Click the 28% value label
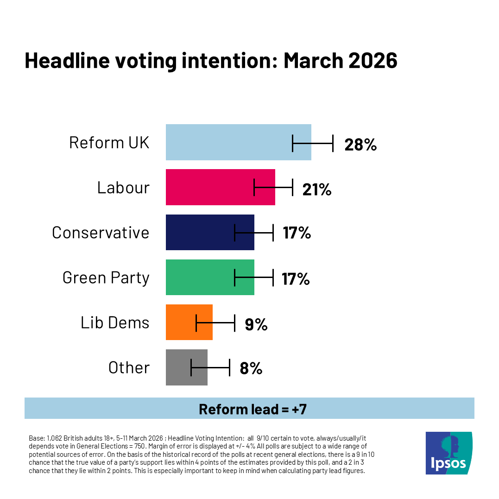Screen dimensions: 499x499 point(360,145)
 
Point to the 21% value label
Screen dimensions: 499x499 point(317,189)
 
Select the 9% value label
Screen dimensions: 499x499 point(256,324)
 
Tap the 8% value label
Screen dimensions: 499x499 point(251,369)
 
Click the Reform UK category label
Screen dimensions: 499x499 point(109,143)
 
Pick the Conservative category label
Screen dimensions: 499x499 point(101,233)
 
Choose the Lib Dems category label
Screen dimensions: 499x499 point(115,322)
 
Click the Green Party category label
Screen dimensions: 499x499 point(106,278)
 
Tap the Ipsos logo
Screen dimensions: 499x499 point(448,453)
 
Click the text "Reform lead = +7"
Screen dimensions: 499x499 point(253,409)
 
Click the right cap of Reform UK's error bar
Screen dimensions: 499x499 point(333,144)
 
